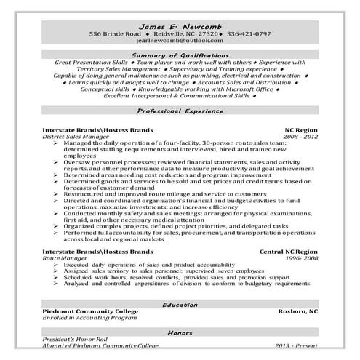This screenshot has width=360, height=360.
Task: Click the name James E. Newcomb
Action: pyautogui.click(x=180, y=25)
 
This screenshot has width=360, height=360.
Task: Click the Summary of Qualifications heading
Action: pyautogui.click(x=180, y=55)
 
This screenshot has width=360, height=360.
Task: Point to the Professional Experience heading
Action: pyautogui.click(x=180, y=111)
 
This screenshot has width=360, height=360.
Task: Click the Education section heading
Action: pyautogui.click(x=180, y=305)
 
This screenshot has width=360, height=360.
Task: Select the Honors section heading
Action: pyautogui.click(x=180, y=332)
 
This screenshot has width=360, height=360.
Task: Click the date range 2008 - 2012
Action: pyautogui.click(x=301, y=135)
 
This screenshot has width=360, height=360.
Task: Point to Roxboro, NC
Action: pyautogui.click(x=298, y=311)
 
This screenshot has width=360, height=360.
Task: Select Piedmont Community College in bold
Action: pyautogui.click(x=89, y=311)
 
